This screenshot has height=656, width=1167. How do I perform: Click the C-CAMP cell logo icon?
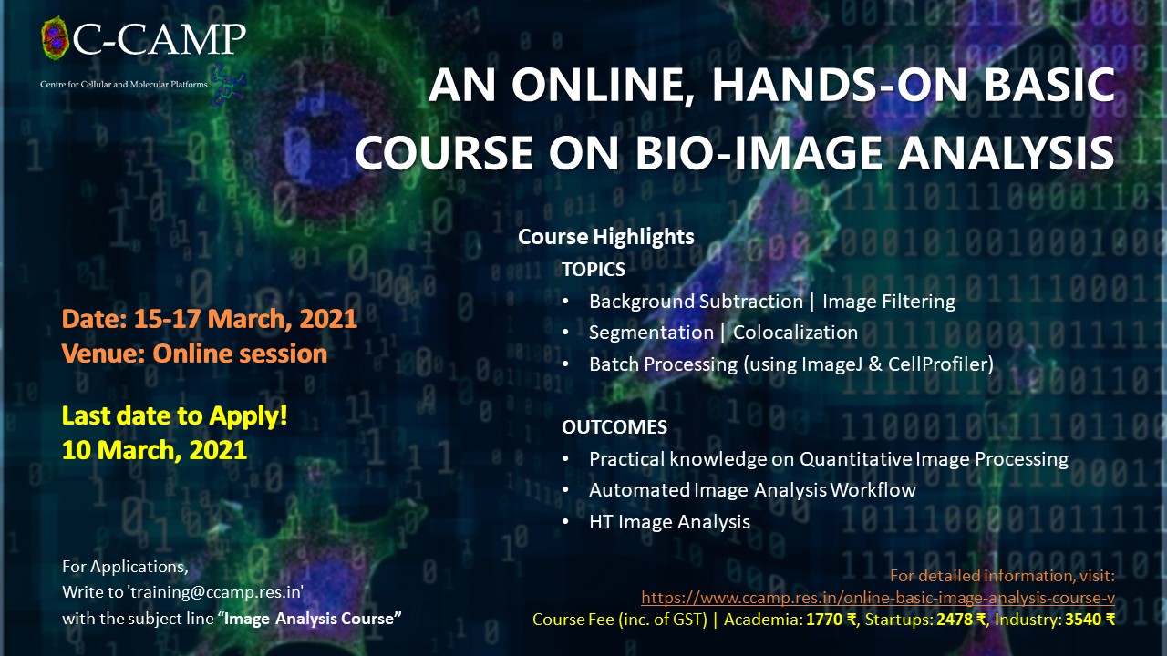56,38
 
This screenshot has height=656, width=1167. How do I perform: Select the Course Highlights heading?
606,237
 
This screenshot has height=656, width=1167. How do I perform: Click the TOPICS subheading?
594,270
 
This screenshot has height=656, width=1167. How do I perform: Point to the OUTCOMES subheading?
614,427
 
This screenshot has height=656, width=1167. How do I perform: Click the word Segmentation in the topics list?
651,333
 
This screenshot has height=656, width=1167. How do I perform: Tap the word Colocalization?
795,333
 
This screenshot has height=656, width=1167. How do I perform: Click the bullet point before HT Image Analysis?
566,522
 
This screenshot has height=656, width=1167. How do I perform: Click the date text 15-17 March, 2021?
245,319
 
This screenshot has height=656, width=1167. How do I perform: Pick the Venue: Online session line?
194,354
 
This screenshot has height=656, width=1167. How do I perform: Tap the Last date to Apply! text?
174,416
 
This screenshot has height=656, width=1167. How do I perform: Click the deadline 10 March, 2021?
154,450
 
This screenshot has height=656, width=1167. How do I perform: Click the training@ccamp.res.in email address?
216,592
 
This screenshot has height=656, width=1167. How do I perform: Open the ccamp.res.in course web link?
878,598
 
